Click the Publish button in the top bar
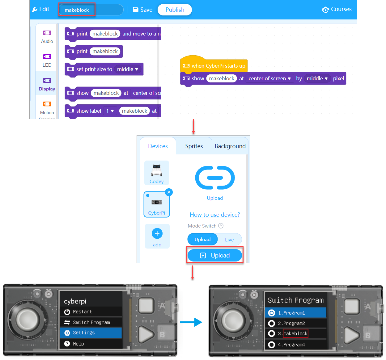(175, 10)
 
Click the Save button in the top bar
(143, 10)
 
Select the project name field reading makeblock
(77, 10)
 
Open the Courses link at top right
(337, 9)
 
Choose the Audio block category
(47, 36)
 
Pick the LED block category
(47, 60)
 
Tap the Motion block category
(47, 108)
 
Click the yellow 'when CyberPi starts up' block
(214, 65)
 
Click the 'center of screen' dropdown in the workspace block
(269, 78)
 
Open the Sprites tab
(194, 146)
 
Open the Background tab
(230, 146)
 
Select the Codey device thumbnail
(157, 173)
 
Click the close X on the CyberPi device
(169, 192)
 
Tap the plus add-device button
(157, 234)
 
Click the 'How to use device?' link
(215, 215)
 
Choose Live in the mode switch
(229, 240)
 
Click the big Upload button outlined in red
(215, 255)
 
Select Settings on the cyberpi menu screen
(91, 333)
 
